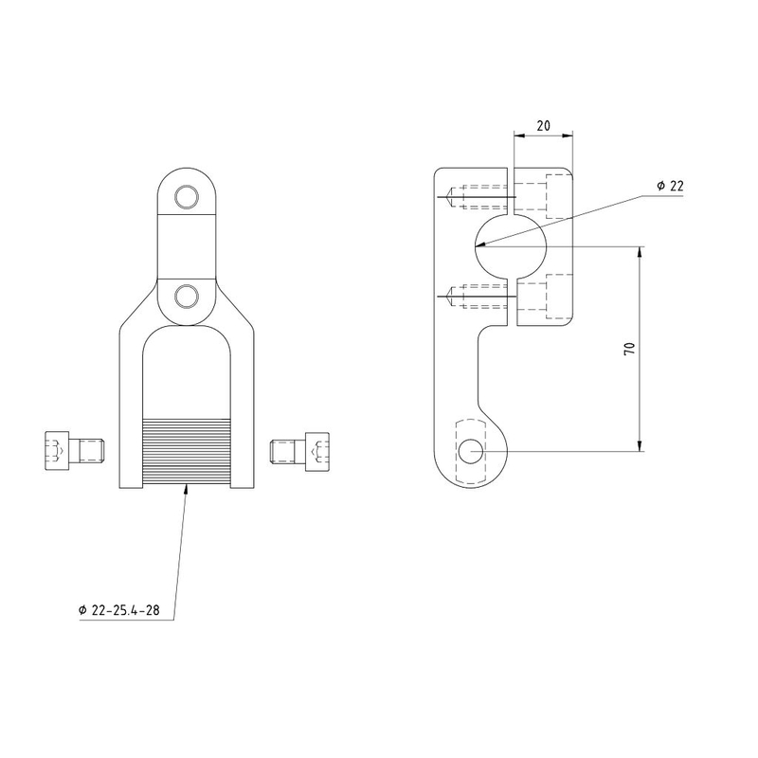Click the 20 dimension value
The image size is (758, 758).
pyautogui.click(x=543, y=126)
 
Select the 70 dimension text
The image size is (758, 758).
pyautogui.click(x=629, y=349)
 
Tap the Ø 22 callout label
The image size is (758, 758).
pyautogui.click(x=670, y=186)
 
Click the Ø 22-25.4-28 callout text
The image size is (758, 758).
pyautogui.click(x=119, y=610)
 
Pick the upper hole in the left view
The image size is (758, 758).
pyautogui.click(x=187, y=197)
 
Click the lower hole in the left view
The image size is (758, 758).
pyautogui.click(x=187, y=297)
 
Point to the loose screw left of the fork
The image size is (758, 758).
pyautogui.click(x=75, y=451)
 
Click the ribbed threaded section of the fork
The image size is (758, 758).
pyautogui.click(x=187, y=451)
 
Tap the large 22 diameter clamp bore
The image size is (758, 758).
pyautogui.click(x=511, y=246)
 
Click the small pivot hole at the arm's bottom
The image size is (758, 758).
pyautogui.click(x=470, y=452)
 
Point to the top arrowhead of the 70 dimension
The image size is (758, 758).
pyautogui.click(x=640, y=252)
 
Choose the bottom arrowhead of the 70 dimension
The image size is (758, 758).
pyautogui.click(x=640, y=445)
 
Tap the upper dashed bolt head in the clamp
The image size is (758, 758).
pyautogui.click(x=559, y=196)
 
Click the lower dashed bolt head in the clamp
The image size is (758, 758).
pyautogui.click(x=559, y=297)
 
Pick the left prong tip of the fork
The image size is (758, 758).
pyautogui.click(x=131, y=487)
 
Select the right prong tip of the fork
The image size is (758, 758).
pyautogui.click(x=243, y=487)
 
